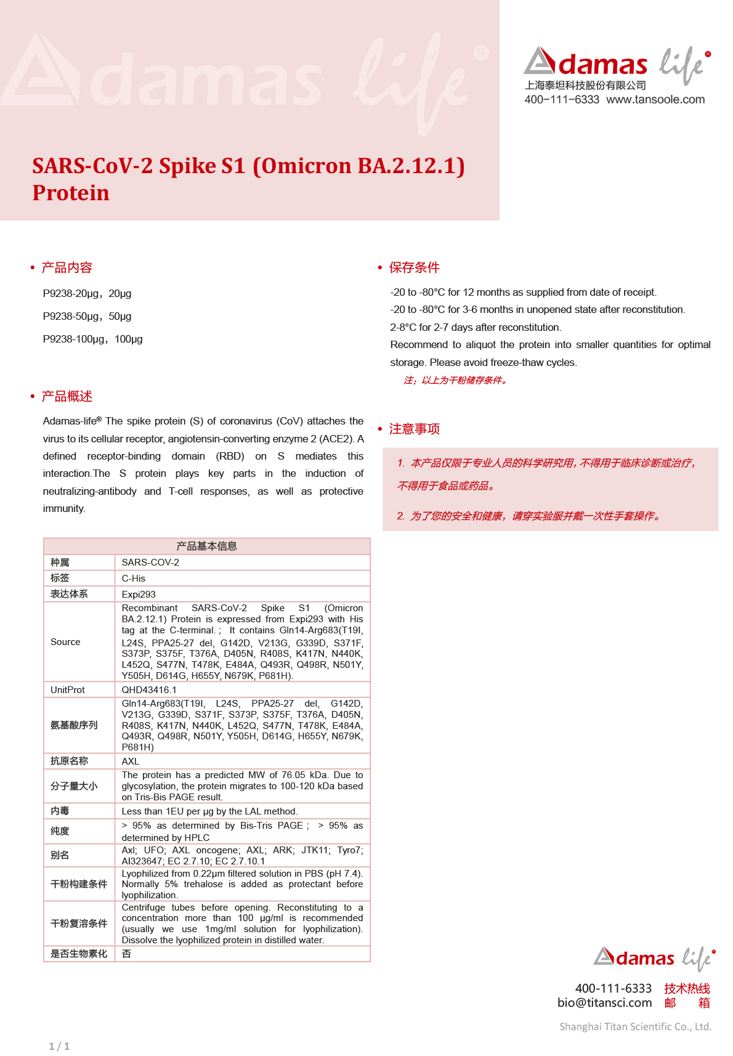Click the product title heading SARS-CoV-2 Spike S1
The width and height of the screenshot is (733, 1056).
coord(248,179)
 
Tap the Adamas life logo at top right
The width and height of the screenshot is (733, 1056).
coord(617,64)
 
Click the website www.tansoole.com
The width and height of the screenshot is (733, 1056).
coord(655,100)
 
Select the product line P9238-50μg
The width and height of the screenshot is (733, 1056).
coord(87,317)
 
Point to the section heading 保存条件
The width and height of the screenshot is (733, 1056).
coord(414,267)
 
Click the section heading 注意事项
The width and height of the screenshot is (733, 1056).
coord(414,429)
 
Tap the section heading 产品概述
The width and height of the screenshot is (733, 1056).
coord(67,396)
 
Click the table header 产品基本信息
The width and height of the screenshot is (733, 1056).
coord(206,546)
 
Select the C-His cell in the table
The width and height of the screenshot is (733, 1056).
coord(134,579)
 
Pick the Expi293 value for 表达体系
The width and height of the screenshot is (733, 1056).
coord(139,595)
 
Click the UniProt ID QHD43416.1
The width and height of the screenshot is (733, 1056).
coord(149,690)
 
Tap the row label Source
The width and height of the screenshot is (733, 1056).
coord(65,642)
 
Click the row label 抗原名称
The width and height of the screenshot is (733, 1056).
coord(69,761)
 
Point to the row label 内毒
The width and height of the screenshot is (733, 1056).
coord(60,811)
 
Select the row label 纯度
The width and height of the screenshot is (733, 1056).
coord(60,831)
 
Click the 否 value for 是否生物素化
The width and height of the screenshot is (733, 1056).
coord(126,954)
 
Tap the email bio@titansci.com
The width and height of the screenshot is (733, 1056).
coord(604,1003)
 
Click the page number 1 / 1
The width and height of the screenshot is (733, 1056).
coord(59,1046)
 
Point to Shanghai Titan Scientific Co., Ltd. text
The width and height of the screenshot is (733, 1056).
coord(635,1026)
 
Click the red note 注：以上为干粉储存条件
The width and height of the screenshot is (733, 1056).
coord(456,381)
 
